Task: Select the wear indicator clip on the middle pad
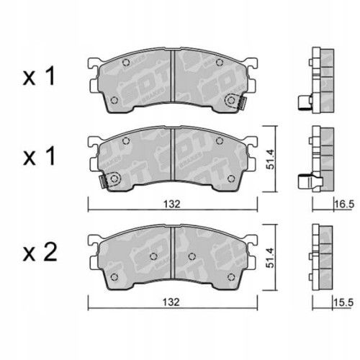click(x=111, y=181)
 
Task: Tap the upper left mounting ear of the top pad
click(x=93, y=66)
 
